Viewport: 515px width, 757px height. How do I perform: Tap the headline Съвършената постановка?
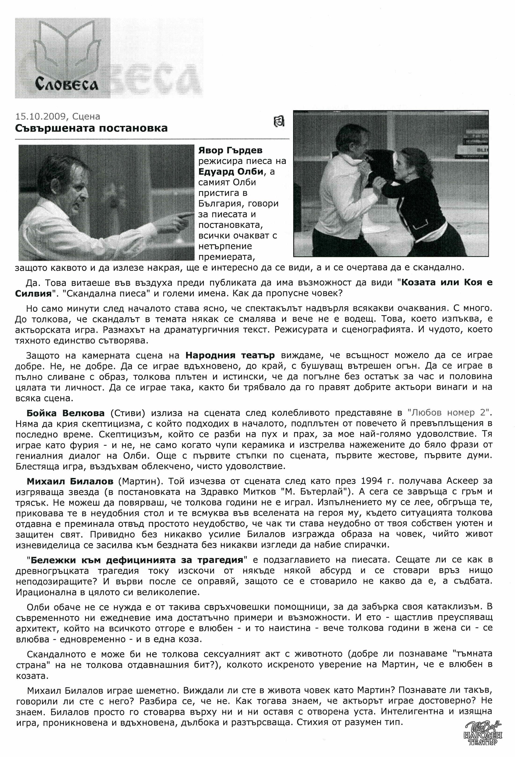[x=91, y=128]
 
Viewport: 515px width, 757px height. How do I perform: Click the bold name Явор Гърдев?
[x=230, y=150]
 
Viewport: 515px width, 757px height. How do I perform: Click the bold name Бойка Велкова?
[x=65, y=413]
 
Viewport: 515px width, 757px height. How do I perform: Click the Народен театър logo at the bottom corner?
[x=482, y=741]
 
